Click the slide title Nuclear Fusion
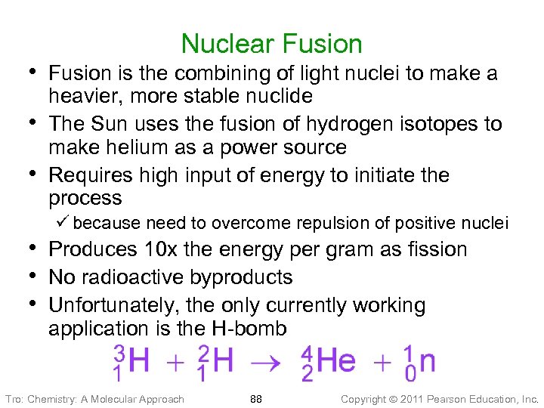click(272, 44)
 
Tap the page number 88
click(256, 398)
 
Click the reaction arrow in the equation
click(267, 363)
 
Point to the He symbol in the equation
click(336, 361)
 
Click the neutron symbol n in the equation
click(427, 361)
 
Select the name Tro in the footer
click(13, 398)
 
